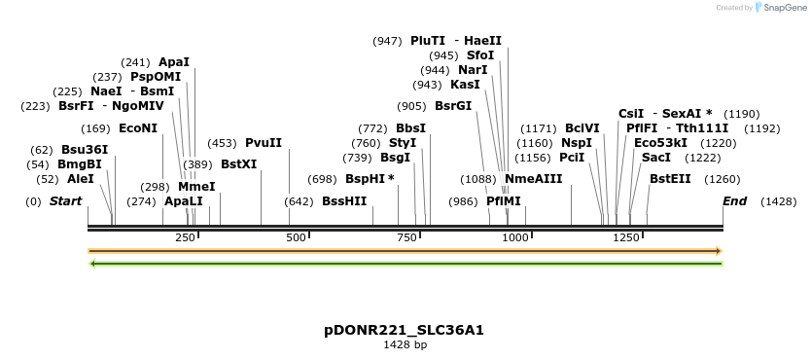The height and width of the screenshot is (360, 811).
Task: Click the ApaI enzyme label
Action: [x=174, y=62]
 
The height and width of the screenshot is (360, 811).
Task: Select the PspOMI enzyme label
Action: [x=156, y=77]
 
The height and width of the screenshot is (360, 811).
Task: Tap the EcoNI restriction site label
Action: [x=138, y=128]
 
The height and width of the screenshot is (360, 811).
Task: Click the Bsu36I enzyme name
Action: [x=85, y=150]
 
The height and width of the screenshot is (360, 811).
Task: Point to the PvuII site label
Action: [x=264, y=143]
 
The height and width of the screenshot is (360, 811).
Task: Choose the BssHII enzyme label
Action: [x=344, y=201]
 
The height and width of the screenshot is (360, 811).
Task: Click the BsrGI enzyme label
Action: [x=453, y=106]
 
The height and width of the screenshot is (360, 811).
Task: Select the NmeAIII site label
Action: [x=534, y=179]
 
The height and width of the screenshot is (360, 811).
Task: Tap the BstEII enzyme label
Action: [x=670, y=179]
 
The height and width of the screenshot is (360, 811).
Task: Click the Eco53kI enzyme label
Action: [x=660, y=143]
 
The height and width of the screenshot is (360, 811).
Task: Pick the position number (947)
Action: [x=387, y=41]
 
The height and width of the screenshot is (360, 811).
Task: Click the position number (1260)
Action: [x=723, y=179]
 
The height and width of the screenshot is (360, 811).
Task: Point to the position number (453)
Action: [x=222, y=143]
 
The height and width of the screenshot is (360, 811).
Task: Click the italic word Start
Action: [x=65, y=201]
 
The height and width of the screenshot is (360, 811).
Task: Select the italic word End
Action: [x=734, y=201]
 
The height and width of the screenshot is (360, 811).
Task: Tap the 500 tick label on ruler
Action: [x=296, y=238]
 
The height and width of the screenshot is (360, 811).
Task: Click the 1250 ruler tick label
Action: [x=626, y=238]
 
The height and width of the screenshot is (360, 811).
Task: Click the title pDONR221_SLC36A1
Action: [x=405, y=330]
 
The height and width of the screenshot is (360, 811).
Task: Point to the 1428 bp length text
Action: [x=405, y=344]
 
